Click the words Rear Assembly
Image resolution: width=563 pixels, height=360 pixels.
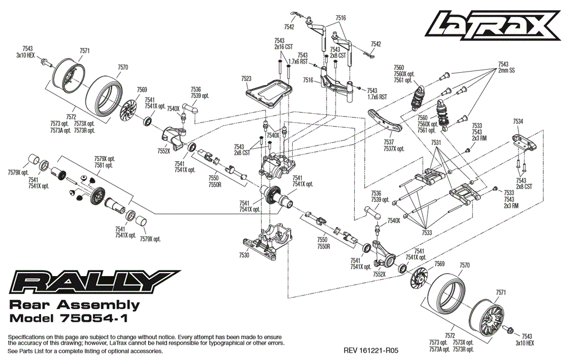coord(75,305)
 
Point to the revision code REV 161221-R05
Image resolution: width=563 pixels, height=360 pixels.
coord(371,350)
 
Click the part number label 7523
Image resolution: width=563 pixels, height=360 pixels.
coord(246,79)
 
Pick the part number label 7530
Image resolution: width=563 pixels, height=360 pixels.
coord(243,255)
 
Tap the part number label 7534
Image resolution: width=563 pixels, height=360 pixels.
coord(518,121)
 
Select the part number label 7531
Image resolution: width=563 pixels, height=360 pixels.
coord(436,144)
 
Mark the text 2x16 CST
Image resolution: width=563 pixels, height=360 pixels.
coord(284,47)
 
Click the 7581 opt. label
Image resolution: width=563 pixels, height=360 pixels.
coord(104,166)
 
